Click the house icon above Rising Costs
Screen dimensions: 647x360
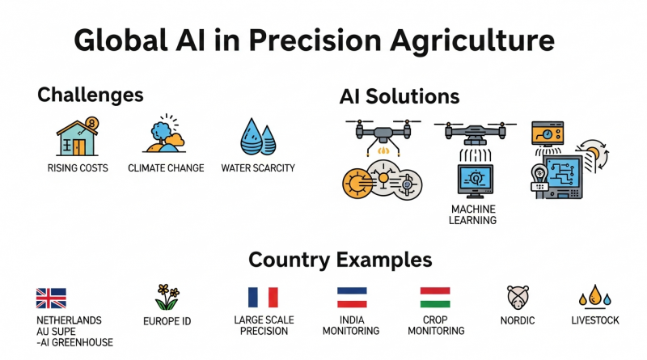(78, 137)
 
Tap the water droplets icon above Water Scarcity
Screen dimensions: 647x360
(258, 137)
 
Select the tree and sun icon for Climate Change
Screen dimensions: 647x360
(164, 133)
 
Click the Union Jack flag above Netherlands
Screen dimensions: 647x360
(51, 298)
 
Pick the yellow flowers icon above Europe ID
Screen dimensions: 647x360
(167, 297)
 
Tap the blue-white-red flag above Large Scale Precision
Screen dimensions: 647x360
(263, 297)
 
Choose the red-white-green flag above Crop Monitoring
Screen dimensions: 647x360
(435, 297)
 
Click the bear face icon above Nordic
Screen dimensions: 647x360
(518, 297)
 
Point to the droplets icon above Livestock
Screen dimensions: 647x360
(594, 297)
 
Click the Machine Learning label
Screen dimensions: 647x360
(473, 214)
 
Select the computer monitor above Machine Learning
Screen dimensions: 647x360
(475, 181)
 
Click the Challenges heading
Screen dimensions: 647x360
(91, 95)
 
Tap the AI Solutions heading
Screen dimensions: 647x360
(400, 96)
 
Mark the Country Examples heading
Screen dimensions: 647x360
(340, 260)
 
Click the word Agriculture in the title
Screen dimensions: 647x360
(472, 41)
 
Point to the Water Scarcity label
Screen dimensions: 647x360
(258, 168)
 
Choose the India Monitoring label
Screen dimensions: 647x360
(351, 325)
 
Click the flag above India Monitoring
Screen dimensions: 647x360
(352, 297)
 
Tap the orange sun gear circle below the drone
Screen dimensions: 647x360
(357, 183)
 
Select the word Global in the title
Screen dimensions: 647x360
(121, 40)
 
